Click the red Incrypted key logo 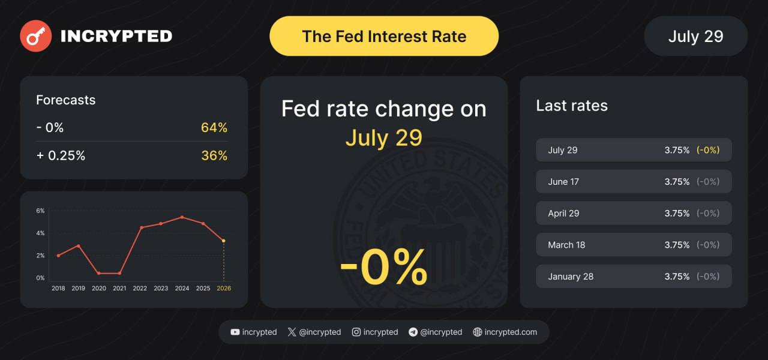[35, 36]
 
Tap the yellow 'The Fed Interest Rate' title [384, 37]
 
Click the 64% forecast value [214, 128]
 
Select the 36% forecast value [214, 155]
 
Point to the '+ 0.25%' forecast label [61, 155]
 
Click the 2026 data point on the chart [224, 241]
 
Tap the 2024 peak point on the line [182, 217]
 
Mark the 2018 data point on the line [58, 256]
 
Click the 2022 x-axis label [140, 289]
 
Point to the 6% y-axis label [40, 211]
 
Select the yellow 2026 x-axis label [224, 289]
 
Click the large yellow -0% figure [384, 266]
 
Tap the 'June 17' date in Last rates [563, 182]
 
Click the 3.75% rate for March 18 [677, 245]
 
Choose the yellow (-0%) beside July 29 [708, 150]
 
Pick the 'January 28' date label [571, 277]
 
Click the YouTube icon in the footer [235, 332]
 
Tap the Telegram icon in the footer [413, 332]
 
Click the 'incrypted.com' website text [511, 332]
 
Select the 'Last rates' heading [572, 106]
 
